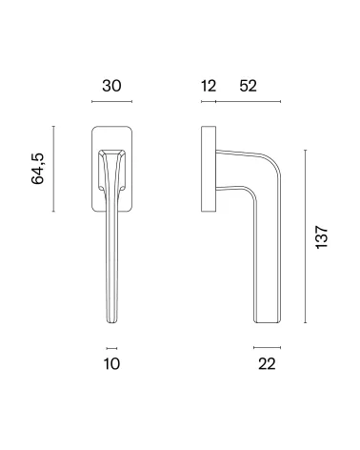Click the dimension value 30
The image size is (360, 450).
tap(111, 86)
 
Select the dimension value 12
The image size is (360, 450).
tap(209, 86)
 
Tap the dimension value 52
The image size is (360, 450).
tap(248, 86)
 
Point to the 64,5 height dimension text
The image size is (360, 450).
tap(38, 169)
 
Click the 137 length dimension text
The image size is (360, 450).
tap(322, 237)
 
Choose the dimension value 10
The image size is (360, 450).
tap(111, 364)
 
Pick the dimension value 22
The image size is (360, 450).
tap(267, 364)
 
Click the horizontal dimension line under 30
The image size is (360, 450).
tap(111, 101)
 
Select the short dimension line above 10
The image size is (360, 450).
tap(111, 348)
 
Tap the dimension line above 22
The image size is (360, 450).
tap(267, 347)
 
